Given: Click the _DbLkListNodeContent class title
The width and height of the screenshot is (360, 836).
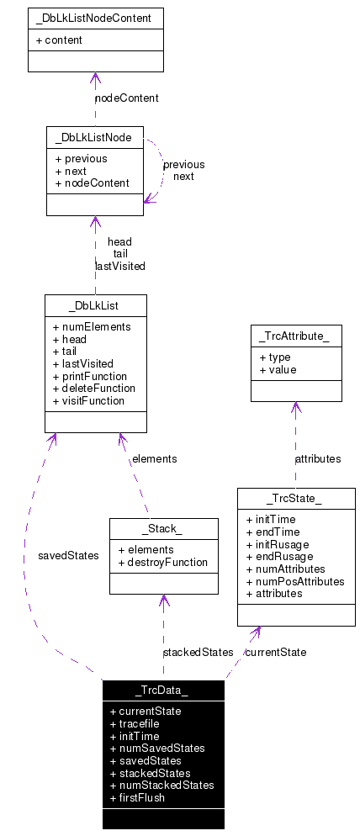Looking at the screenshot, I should [95, 19].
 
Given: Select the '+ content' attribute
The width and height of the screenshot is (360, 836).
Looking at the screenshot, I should [59, 40].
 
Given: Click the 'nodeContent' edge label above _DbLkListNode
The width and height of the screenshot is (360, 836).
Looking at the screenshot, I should [126, 98].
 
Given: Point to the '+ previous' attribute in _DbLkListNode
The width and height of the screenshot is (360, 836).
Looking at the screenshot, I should [82, 158].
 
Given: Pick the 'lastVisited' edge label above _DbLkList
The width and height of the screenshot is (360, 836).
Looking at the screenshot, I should [119, 266].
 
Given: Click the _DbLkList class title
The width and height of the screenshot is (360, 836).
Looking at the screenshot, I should [95, 304].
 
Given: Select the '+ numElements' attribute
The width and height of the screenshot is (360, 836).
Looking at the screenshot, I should [91, 326].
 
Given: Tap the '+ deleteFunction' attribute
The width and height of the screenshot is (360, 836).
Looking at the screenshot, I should [93, 388].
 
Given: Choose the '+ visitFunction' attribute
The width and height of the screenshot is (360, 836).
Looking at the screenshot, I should [88, 400].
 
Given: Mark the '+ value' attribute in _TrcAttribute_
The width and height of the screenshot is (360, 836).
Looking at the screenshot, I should [278, 369].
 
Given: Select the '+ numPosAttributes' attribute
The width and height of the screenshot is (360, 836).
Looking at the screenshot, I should [295, 580].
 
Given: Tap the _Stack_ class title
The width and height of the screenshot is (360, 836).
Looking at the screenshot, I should [163, 529].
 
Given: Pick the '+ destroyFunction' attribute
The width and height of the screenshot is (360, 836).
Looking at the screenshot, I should [163, 562].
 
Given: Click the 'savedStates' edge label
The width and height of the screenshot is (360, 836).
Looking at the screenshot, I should [68, 555].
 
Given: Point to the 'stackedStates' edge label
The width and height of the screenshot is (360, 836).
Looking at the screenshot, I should [198, 652].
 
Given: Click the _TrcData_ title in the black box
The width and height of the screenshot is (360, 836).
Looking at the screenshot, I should [163, 690].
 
